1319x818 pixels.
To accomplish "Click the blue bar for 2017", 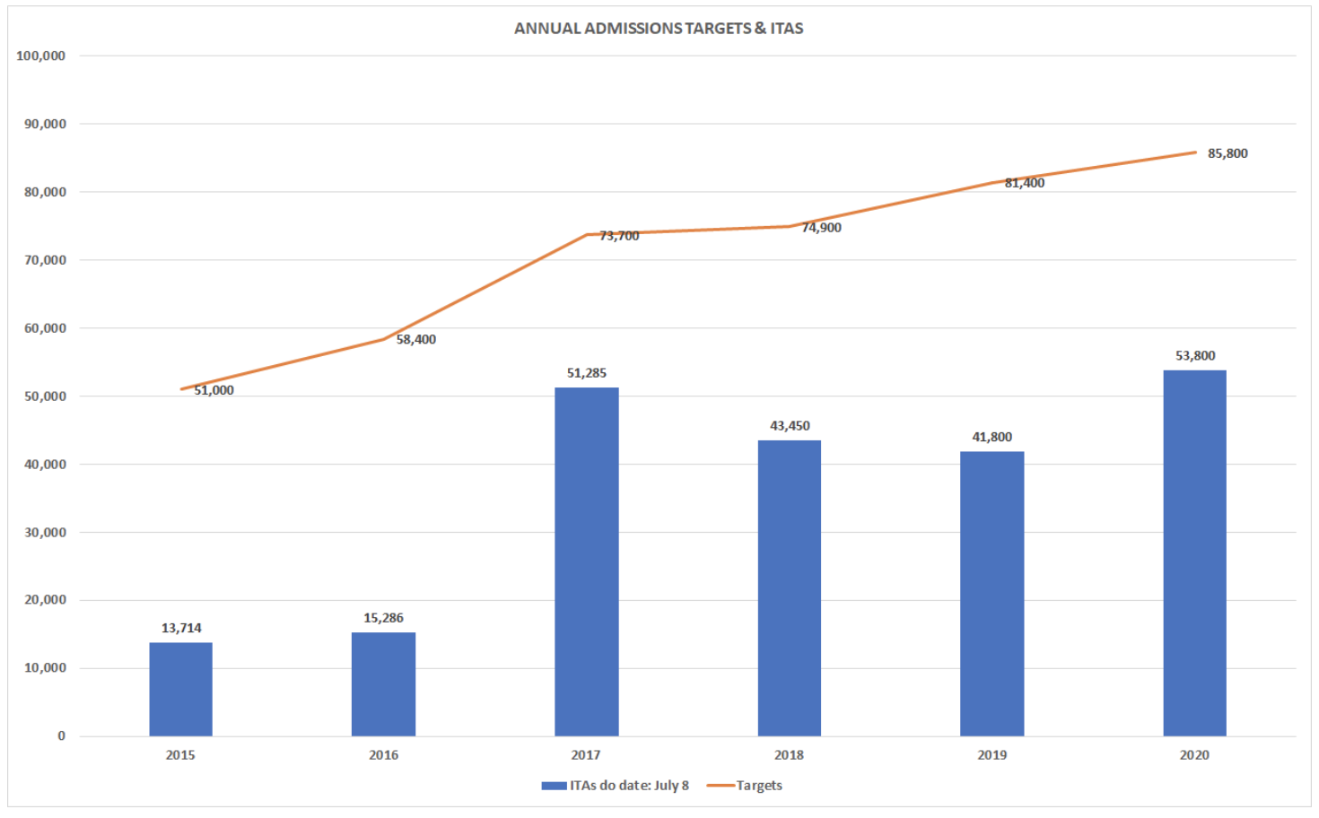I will [586, 561].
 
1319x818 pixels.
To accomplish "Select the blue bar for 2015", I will [180, 689].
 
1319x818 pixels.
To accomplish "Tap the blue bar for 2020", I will [1194, 553].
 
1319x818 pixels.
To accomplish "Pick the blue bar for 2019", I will [991, 593].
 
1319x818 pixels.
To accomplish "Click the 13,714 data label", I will [181, 628].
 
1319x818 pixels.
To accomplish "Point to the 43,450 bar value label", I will [790, 426].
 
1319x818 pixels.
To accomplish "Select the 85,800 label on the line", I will [1227, 153].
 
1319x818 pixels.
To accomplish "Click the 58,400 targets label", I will [416, 340].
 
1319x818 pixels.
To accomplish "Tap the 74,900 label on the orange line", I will [822, 228].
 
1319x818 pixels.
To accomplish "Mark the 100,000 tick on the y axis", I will [41, 56].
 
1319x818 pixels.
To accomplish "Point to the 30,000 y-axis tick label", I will [45, 532].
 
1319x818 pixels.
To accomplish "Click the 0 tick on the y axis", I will [61, 736].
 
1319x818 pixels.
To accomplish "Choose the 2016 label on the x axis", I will [383, 755].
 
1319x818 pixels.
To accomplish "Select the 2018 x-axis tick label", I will [789, 755].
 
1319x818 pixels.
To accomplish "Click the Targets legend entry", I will [759, 786].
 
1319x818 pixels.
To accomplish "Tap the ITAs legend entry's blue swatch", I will [553, 786].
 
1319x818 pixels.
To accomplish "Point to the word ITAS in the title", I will [787, 29].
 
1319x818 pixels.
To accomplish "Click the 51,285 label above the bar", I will [587, 373].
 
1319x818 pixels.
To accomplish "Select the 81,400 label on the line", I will [1025, 183].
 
